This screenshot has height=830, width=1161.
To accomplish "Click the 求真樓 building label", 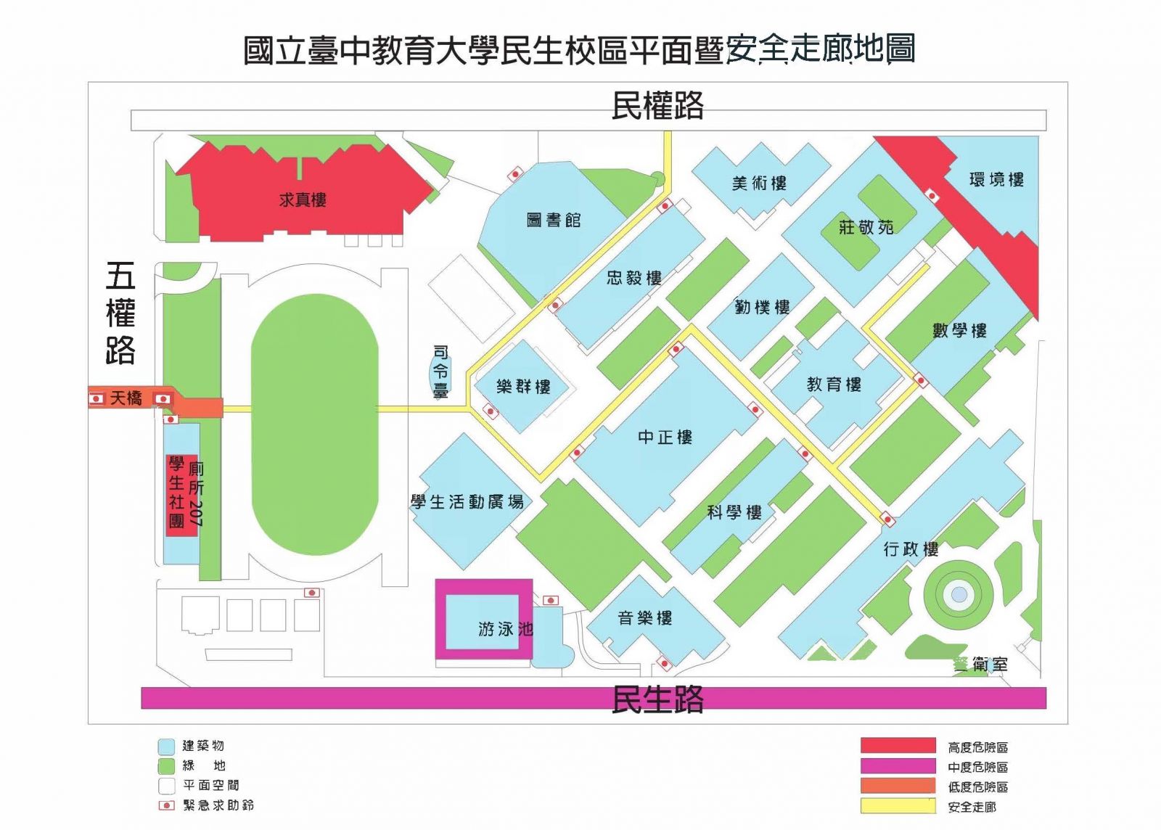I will click(x=303, y=200).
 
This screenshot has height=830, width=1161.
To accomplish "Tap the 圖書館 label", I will click(x=554, y=220).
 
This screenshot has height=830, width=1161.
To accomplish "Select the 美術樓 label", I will click(x=759, y=183).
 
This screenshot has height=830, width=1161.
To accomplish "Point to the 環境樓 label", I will click(x=996, y=179).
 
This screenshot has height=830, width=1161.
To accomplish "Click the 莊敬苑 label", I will click(x=866, y=227).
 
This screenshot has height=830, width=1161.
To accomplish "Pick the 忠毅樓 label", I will click(x=634, y=277).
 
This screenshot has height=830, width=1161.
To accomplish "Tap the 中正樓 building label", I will click(x=665, y=437).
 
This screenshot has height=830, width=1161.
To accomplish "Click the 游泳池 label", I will click(x=505, y=629).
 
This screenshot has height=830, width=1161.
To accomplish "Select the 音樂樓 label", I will click(x=644, y=618).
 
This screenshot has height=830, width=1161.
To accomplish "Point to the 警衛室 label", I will click(x=980, y=664).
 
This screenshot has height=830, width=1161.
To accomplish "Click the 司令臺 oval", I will click(x=440, y=371).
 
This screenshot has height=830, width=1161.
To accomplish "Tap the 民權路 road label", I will click(x=657, y=106).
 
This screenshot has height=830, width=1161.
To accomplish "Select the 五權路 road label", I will click(x=120, y=313).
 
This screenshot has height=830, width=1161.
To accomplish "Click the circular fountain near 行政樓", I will click(x=959, y=595).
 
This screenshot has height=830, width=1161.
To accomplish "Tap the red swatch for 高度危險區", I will click(x=898, y=746).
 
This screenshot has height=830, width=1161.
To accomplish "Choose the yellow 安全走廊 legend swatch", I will click(x=898, y=806).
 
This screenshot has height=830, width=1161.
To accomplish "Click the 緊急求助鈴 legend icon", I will click(x=166, y=805).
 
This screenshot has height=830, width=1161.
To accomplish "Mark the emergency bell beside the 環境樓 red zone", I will click(x=932, y=194).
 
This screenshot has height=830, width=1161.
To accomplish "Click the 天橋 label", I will click(x=126, y=398).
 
